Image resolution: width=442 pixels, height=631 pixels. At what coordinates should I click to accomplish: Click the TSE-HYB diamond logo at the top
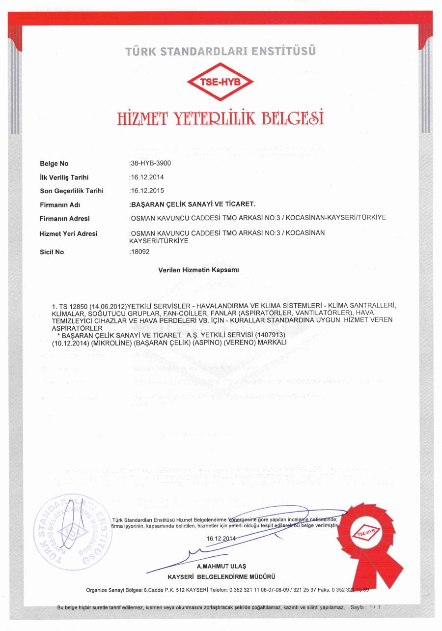click(x=220, y=82)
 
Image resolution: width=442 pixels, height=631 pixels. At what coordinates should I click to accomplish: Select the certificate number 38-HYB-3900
click(x=151, y=163)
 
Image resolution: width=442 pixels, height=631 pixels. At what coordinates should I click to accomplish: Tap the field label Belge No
click(x=54, y=164)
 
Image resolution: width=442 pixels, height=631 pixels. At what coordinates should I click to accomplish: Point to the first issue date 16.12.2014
click(x=146, y=177)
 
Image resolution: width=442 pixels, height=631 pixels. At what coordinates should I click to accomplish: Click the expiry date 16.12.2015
click(x=146, y=190)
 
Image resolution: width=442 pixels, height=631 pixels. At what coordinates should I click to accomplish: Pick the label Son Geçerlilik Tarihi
click(x=71, y=191)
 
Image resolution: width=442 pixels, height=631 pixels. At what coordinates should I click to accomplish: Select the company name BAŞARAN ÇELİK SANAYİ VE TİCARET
click(x=193, y=204)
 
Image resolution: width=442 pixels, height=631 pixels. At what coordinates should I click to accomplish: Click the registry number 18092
click(x=139, y=252)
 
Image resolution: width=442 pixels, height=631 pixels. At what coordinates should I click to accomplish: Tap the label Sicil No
click(x=52, y=252)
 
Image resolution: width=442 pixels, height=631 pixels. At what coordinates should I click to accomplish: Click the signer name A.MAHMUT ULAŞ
click(x=221, y=567)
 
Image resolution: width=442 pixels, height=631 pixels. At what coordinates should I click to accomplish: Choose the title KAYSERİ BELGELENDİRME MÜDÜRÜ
click(x=221, y=576)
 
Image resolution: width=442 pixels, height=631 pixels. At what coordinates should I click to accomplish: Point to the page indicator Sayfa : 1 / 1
click(x=366, y=607)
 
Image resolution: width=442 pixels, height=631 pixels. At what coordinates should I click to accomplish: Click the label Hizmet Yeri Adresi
click(x=68, y=233)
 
